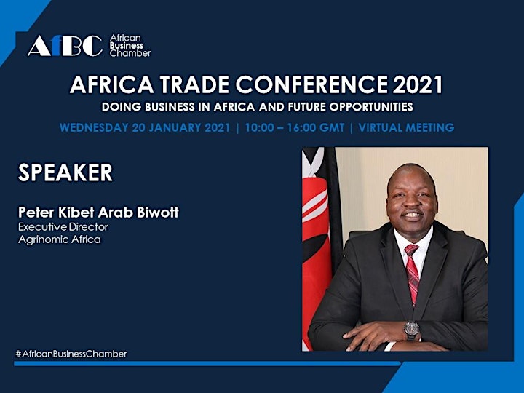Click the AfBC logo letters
pyautogui.click(x=65, y=46)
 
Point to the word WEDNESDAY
pyautogui.click(x=94, y=127)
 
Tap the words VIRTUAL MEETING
pyautogui.click(x=406, y=127)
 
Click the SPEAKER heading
pyautogui.click(x=65, y=172)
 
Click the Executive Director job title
pyautogui.click(x=63, y=227)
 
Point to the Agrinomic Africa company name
pyautogui.click(x=60, y=239)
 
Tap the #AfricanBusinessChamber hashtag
pyautogui.click(x=71, y=354)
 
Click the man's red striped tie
pyautogui.click(x=413, y=272)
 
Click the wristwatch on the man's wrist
pyautogui.click(x=411, y=329)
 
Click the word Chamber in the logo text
pyautogui.click(x=130, y=53)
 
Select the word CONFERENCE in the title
pyautogui.click(x=311, y=84)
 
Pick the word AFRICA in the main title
pyautogui.click(x=111, y=84)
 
